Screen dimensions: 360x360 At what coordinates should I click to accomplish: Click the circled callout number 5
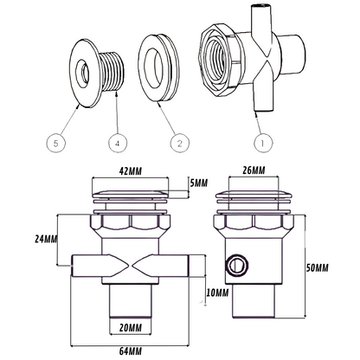[x=56, y=143]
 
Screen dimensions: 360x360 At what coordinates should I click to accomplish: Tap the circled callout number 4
[x=118, y=143]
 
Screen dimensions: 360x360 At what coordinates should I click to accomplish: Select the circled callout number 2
[x=180, y=143]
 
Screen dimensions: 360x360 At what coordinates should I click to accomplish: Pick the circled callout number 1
[x=262, y=143]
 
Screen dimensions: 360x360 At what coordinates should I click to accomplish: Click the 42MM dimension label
[x=131, y=171]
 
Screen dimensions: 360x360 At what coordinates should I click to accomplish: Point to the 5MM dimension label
[x=198, y=183]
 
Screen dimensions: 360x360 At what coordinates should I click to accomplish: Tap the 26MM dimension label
[x=254, y=170]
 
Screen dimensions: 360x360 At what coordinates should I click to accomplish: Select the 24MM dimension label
[x=46, y=239]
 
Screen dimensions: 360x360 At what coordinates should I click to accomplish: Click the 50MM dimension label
[x=317, y=268]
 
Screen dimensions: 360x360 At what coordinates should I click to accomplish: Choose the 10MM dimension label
[x=217, y=293]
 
